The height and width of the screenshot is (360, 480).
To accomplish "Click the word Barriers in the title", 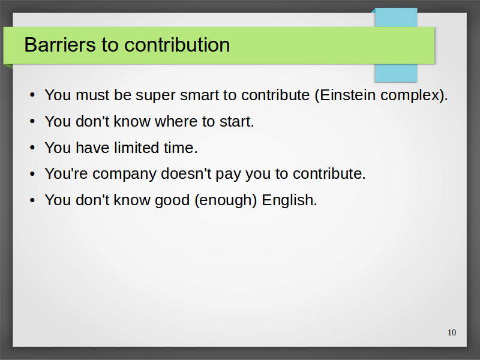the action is point(59,44).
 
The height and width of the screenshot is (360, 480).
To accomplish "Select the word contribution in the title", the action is point(177,44).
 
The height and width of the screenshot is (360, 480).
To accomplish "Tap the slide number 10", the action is point(452,332).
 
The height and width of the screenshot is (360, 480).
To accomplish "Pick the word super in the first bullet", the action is point(155,96).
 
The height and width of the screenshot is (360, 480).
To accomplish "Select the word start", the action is point(236,122).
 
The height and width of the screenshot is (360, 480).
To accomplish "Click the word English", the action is point(289,200).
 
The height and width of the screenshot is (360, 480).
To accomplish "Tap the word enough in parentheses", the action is point(226,201).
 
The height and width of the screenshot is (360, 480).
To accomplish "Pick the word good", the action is point(172,201).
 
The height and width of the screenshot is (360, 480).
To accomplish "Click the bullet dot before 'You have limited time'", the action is point(32,148).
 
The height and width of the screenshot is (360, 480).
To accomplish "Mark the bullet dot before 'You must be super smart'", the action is point(32,95).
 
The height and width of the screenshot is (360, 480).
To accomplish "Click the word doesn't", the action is point(186,173).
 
